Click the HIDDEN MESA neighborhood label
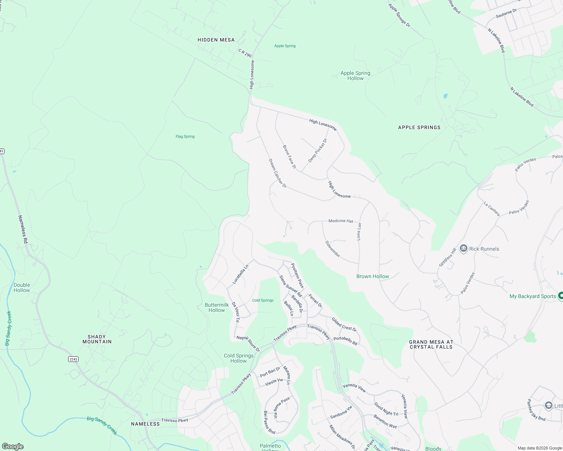[216, 40]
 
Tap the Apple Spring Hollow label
[355, 76]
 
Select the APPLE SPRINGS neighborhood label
[419, 127]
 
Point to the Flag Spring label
[185, 136]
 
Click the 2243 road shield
[73, 359]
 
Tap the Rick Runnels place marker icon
[464, 248]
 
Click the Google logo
[12, 446]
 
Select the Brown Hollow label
[373, 276]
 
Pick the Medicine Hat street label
[341, 221]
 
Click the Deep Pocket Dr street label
[318, 151]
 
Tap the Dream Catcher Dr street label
[278, 173]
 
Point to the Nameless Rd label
[23, 229]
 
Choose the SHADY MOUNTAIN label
[97, 339]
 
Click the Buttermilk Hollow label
[217, 307]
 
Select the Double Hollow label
[22, 288]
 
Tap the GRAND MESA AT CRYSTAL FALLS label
[431, 345]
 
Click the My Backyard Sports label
[533, 296]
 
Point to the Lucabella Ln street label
[240, 274]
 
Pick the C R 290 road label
[245, 53]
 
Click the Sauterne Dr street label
[506, 14]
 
